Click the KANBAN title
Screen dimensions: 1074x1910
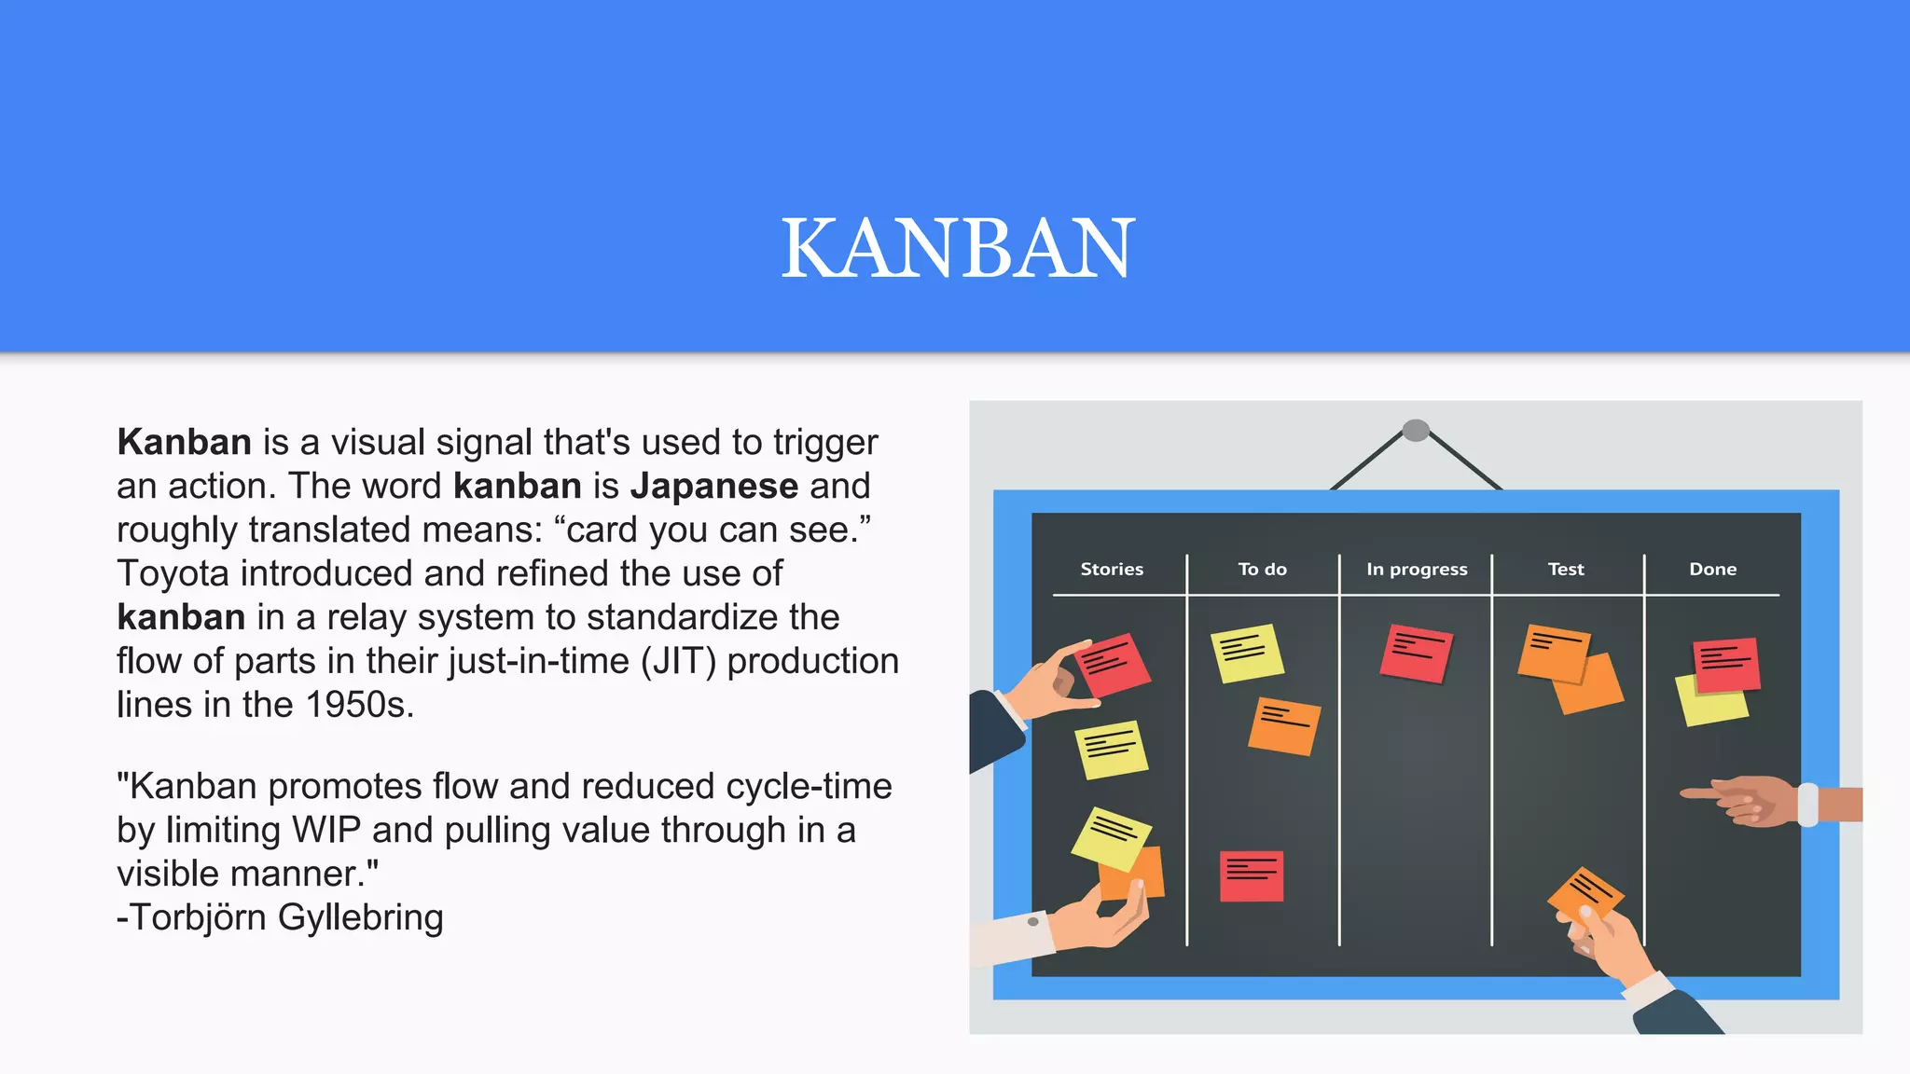click(x=957, y=248)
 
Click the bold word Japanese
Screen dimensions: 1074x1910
click(x=714, y=486)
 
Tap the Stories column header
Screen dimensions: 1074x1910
click(x=1111, y=569)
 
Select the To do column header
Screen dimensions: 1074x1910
click(x=1262, y=569)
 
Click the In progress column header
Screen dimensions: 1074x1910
click(x=1416, y=569)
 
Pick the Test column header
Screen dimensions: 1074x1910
click(x=1565, y=569)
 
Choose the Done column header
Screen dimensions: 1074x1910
click(x=1712, y=569)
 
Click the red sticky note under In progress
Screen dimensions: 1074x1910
click(x=1416, y=653)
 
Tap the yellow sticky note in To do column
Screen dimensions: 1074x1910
click(x=1247, y=653)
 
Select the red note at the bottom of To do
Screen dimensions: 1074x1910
click(x=1252, y=876)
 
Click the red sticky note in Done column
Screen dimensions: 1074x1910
click(x=1726, y=665)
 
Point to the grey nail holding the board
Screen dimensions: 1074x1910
click(x=1416, y=430)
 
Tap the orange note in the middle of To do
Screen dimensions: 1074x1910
click(x=1284, y=725)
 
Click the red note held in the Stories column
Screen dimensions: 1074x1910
click(x=1114, y=664)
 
